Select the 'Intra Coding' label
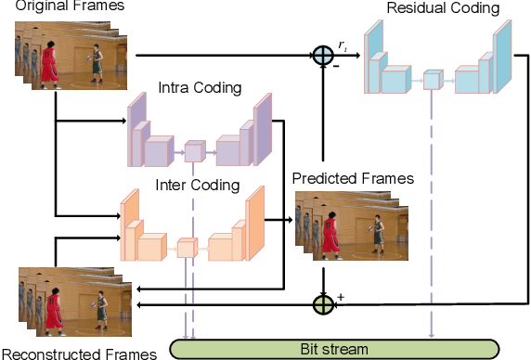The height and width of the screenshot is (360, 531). [x=201, y=89]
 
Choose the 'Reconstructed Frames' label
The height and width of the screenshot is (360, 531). [x=71, y=353]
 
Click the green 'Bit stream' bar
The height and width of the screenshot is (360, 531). [x=333, y=349]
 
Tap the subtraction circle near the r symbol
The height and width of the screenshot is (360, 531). [x=322, y=56]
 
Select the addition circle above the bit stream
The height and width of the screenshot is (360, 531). [x=322, y=303]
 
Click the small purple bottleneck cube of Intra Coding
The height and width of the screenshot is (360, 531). [x=193, y=150]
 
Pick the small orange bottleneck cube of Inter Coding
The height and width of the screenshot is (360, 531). [x=187, y=248]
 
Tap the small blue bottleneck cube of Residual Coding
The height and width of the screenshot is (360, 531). [x=432, y=80]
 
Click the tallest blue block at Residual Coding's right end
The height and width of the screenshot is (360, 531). [x=502, y=58]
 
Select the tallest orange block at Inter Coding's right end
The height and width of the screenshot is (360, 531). [x=254, y=223]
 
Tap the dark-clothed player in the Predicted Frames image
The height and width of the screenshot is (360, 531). [x=378, y=232]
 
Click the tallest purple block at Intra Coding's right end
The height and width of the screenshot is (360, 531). [x=263, y=128]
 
